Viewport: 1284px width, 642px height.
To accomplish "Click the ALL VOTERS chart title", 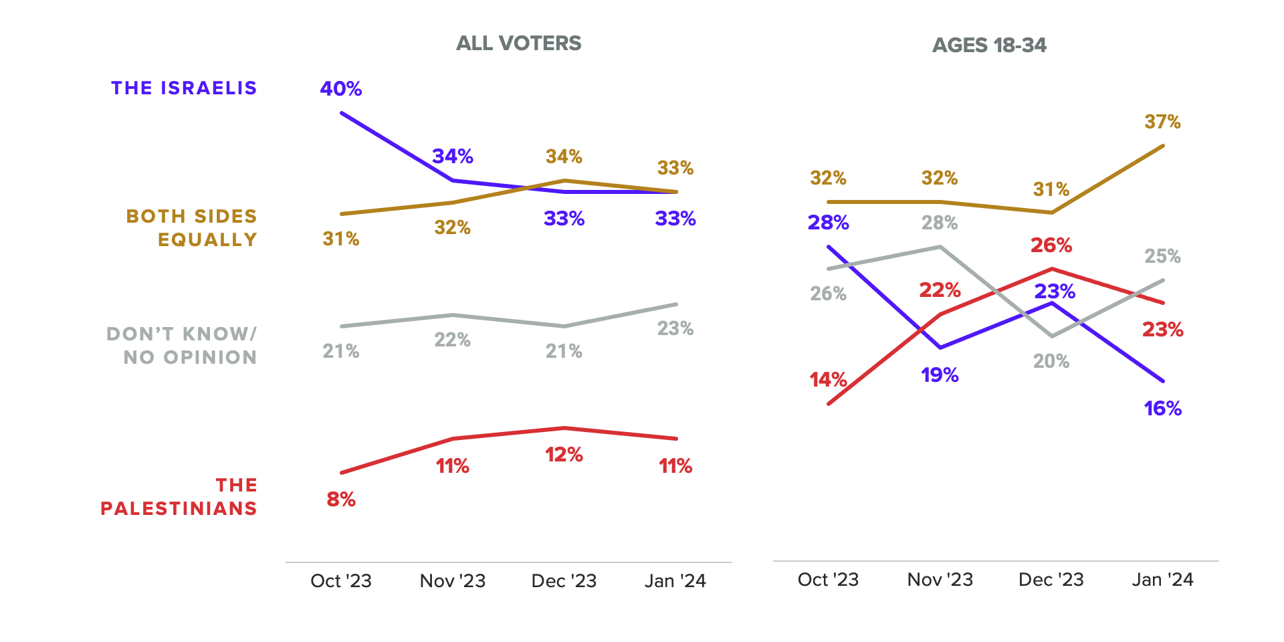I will coord(518,43).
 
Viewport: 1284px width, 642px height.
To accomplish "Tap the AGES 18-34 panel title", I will coord(989,45).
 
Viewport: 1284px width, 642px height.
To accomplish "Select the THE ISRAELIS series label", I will coord(184,88).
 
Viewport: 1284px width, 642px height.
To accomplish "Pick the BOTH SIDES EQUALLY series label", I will coord(192,228).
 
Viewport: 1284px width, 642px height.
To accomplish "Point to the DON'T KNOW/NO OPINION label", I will coord(182,346).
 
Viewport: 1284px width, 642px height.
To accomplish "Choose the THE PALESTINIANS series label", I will coord(179,497).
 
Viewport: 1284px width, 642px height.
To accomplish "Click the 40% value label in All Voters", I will coord(341,89).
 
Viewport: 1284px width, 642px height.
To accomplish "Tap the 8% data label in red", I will coord(341,500).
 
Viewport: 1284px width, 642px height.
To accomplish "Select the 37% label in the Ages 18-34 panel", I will coord(1162,122).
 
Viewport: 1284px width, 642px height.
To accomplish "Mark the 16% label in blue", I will coord(1162,409).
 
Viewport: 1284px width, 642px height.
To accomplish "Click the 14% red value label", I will coord(828,380).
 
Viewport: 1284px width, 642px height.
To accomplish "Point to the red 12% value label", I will coord(564,455).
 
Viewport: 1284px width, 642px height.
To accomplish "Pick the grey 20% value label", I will coord(1051,362).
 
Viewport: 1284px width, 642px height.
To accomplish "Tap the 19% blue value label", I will coord(940,375).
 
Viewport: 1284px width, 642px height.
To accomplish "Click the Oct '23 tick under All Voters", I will coord(341,581).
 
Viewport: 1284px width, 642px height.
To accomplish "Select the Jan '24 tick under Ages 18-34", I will coord(1162,580).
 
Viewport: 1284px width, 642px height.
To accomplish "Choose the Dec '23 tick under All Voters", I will coord(564,581).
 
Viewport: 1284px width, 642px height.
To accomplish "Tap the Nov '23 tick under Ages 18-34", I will coord(940,580).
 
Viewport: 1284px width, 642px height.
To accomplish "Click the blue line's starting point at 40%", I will coord(342,113).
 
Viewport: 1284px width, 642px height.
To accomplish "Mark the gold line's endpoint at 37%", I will coord(1163,146).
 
